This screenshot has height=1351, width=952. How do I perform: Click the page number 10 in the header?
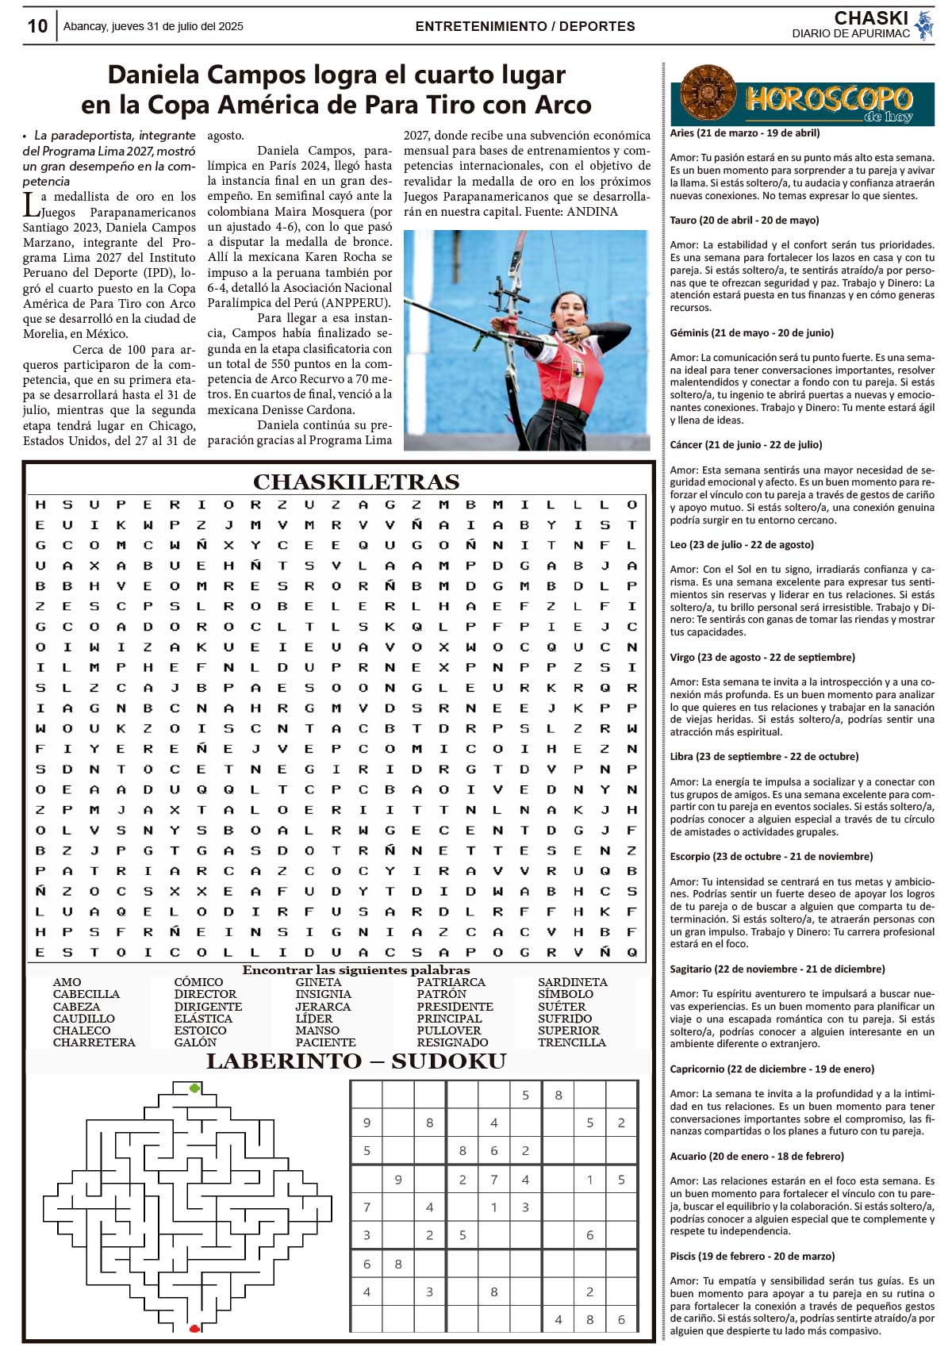pos(37,26)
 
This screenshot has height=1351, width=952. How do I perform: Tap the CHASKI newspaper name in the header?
pos(870,18)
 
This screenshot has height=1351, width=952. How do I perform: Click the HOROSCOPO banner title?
pos(828,99)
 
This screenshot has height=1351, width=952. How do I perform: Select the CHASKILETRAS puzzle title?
pos(356,482)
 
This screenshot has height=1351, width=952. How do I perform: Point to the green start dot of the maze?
pos(194,1088)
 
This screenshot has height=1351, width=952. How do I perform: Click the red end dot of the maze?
pos(194,1327)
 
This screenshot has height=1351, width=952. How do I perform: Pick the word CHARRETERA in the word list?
pos(94,1042)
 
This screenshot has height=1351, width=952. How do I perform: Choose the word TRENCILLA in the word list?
pos(571,1042)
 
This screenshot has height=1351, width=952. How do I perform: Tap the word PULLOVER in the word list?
pos(449,1031)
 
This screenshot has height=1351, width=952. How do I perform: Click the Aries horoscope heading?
pos(745,133)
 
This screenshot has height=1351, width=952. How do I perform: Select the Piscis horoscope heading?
pos(752,1256)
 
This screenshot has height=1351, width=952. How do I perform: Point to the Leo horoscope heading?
pos(742,545)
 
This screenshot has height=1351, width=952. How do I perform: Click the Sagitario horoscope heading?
pos(777,969)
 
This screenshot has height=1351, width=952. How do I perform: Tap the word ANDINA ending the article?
pos(592,212)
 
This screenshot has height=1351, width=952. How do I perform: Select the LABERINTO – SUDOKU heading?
pos(356,1061)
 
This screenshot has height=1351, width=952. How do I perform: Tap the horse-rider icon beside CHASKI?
pos(923,25)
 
